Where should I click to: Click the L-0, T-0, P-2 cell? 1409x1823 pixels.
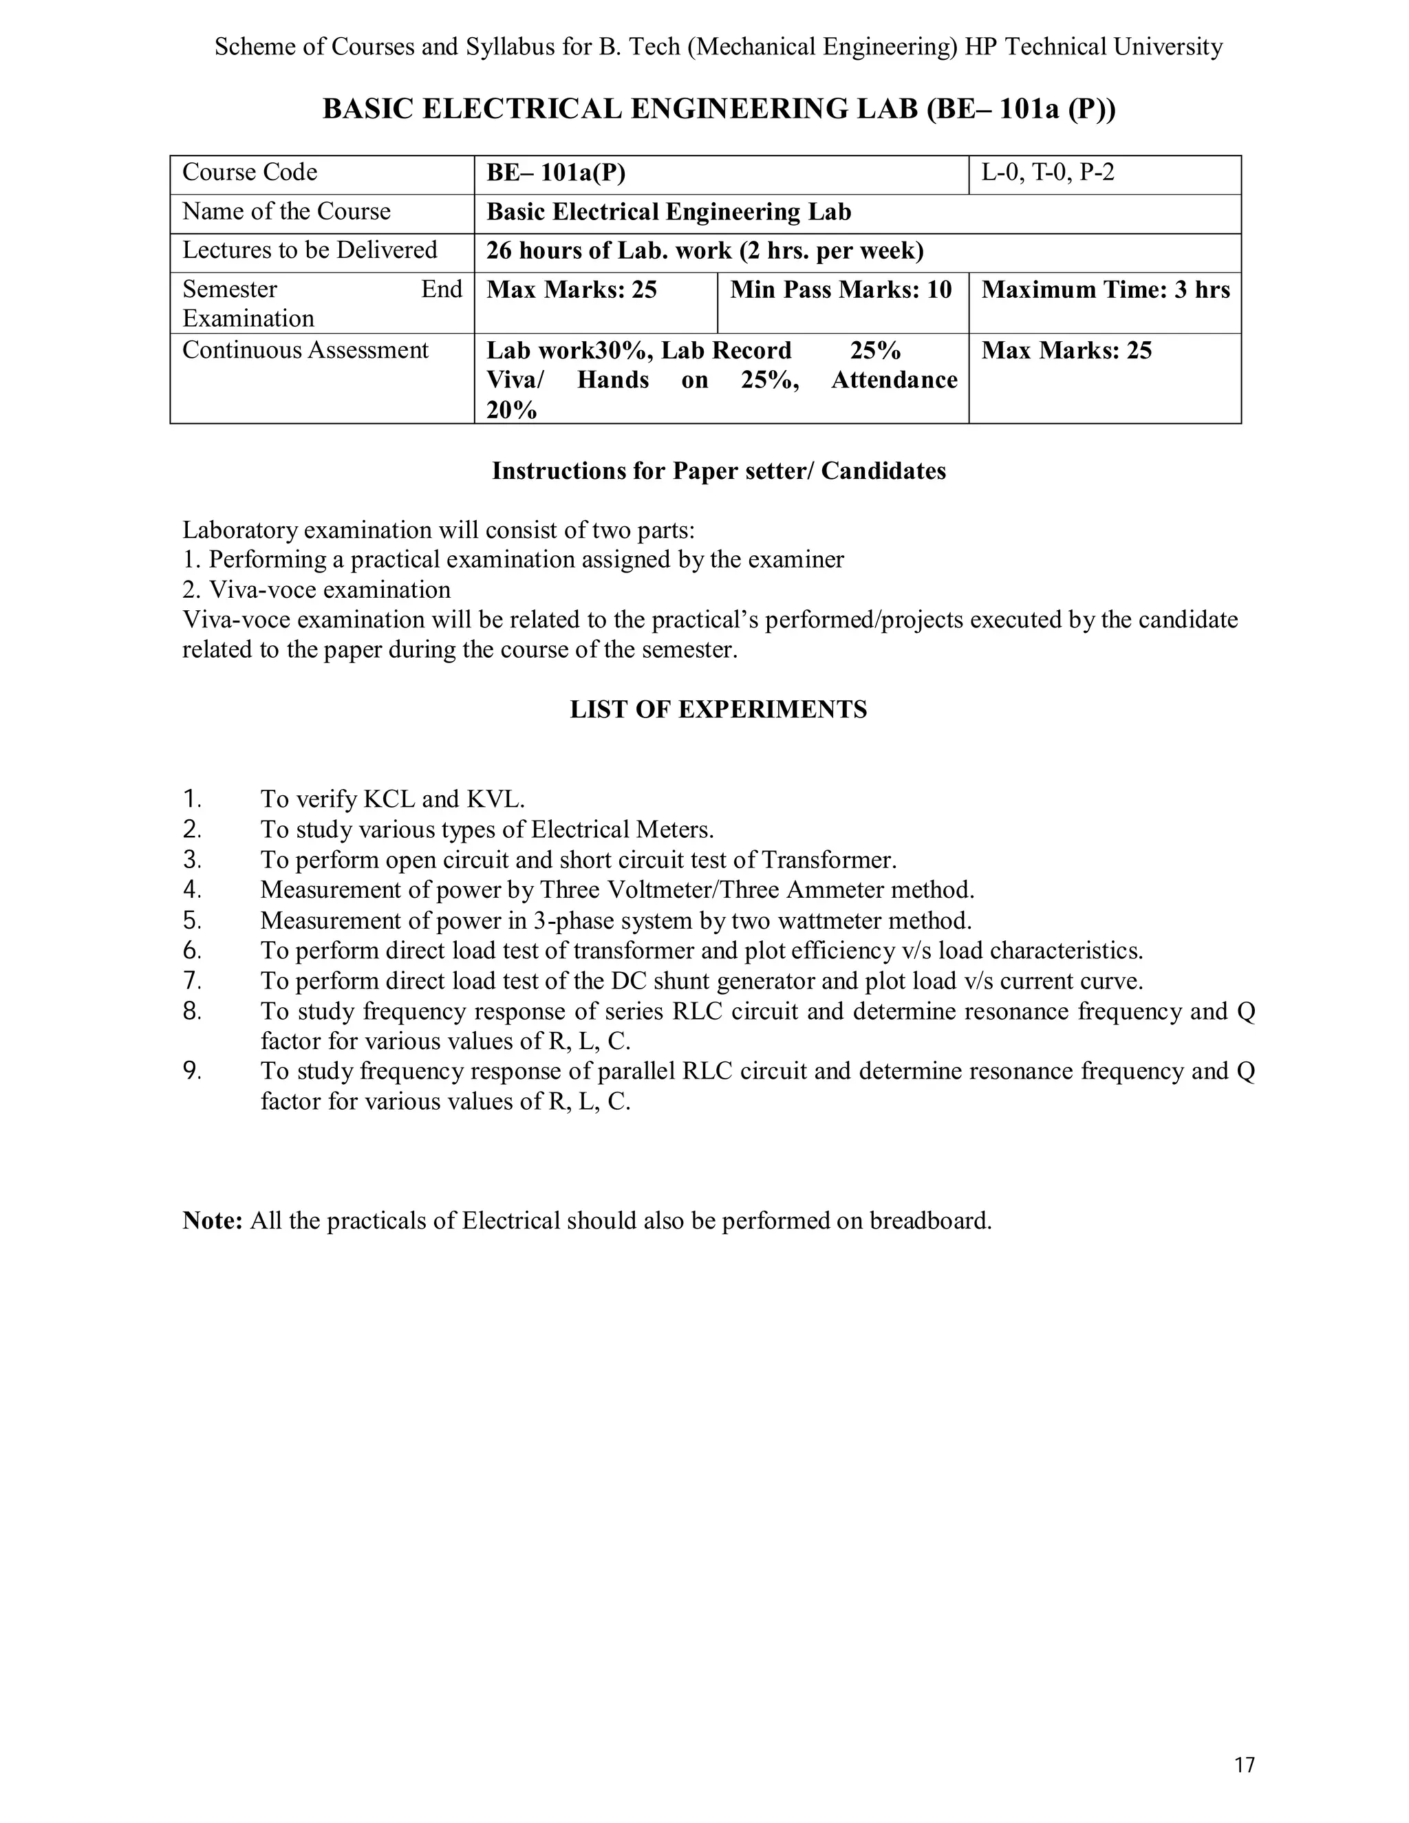1048,173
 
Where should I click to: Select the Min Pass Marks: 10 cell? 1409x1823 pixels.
841,290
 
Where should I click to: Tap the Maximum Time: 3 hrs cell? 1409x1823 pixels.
1104,290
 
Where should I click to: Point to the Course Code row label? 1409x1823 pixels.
250,173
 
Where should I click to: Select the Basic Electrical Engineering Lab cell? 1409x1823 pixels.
669,212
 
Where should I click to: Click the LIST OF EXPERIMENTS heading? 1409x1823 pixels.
718,709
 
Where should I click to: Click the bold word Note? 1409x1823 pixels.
212,1221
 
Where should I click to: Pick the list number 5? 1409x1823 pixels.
192,920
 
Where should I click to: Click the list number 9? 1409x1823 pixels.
192,1071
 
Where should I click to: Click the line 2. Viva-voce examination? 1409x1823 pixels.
316,590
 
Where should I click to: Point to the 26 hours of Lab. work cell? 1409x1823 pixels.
704,250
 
